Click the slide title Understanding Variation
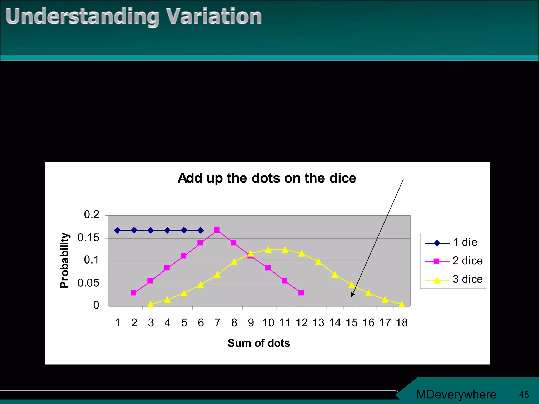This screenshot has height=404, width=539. click(x=133, y=16)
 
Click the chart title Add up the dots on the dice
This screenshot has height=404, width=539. click(x=267, y=178)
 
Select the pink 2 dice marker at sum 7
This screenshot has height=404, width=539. click(x=217, y=230)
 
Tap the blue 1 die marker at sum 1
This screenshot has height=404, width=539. click(x=117, y=230)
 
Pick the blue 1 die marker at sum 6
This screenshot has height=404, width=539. click(x=201, y=230)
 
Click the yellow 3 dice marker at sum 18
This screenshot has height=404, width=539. click(x=402, y=305)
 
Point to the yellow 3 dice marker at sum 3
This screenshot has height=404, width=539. click(x=151, y=305)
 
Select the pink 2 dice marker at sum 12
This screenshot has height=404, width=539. click(x=301, y=293)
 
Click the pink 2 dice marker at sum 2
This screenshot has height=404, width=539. click(x=133, y=293)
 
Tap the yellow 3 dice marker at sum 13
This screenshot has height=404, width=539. click(x=318, y=262)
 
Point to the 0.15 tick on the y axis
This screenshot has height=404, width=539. click(x=88, y=238)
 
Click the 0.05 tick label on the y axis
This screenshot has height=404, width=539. click(x=88, y=283)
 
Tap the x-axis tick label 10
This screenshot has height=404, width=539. click(x=268, y=323)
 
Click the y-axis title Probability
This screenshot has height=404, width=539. click(x=64, y=260)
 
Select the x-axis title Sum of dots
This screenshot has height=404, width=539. click(x=259, y=343)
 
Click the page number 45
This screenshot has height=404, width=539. click(x=524, y=395)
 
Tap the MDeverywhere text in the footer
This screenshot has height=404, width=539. click(x=456, y=395)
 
